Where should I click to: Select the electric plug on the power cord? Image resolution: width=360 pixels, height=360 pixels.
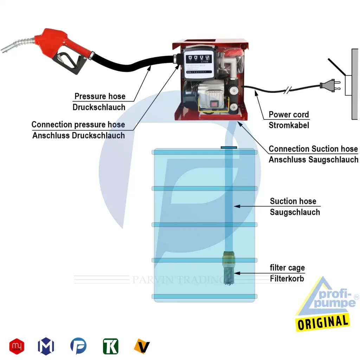click(x=327, y=85)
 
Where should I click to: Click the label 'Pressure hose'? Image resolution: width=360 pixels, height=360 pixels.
click(x=100, y=96)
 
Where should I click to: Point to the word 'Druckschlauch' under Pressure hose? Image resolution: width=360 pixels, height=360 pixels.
click(x=99, y=107)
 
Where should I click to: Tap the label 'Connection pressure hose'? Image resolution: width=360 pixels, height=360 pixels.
click(x=78, y=124)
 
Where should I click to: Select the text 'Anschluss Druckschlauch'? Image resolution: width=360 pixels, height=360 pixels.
click(x=79, y=135)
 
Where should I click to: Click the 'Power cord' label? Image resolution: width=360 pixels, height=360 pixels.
click(x=289, y=115)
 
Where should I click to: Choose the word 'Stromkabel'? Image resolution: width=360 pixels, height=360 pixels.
click(x=289, y=125)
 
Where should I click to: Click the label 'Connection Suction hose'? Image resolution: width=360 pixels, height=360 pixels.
click(x=313, y=149)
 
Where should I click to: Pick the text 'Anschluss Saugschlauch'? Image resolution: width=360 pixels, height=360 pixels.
click(x=313, y=160)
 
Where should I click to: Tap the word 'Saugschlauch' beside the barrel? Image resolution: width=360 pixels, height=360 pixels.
click(x=295, y=212)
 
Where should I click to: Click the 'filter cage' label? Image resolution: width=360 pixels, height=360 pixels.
click(x=287, y=268)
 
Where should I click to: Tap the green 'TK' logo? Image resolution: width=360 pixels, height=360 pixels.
click(x=111, y=346)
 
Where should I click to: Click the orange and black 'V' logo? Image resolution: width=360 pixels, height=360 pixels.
click(x=142, y=346)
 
